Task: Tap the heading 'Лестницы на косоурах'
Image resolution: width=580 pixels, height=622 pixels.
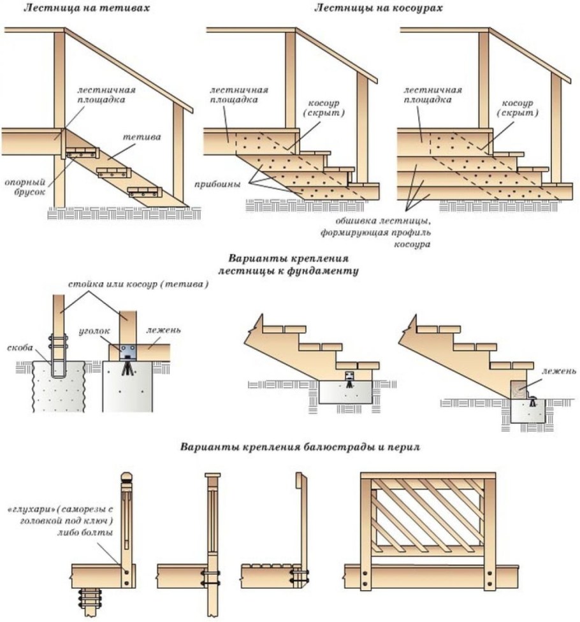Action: point(379,8)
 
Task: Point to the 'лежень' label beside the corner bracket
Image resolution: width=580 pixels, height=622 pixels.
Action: point(164,330)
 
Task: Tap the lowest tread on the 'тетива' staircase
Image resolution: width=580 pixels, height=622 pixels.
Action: point(144,191)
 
